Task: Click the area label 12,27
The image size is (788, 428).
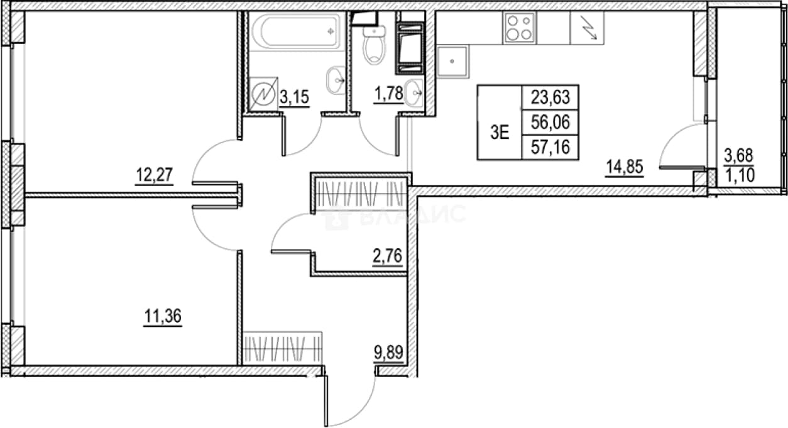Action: [x=154, y=175]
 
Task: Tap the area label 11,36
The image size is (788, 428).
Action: [x=163, y=316]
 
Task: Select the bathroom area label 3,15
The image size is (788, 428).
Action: [x=295, y=97]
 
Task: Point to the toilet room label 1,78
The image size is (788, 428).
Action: [x=388, y=94]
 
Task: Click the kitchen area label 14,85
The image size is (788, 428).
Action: [x=625, y=167]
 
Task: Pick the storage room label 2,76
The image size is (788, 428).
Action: [x=387, y=256]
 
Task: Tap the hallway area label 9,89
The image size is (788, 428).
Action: [x=388, y=352]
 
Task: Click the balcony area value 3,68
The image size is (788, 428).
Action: [x=739, y=156]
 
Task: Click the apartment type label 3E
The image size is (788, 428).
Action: [x=500, y=133]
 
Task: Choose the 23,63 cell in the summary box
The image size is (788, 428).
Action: [x=550, y=97]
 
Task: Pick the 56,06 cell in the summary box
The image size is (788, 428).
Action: [x=550, y=122]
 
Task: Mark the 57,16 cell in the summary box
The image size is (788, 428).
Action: [x=550, y=147]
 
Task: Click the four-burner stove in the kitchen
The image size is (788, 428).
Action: [x=519, y=28]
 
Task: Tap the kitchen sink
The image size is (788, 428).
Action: [x=452, y=62]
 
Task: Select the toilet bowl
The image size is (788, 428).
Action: [x=374, y=47]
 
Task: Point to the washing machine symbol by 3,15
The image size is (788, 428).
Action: [x=263, y=94]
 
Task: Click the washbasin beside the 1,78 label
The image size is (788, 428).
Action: [x=414, y=93]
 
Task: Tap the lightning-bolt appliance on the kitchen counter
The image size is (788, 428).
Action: [x=587, y=28]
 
